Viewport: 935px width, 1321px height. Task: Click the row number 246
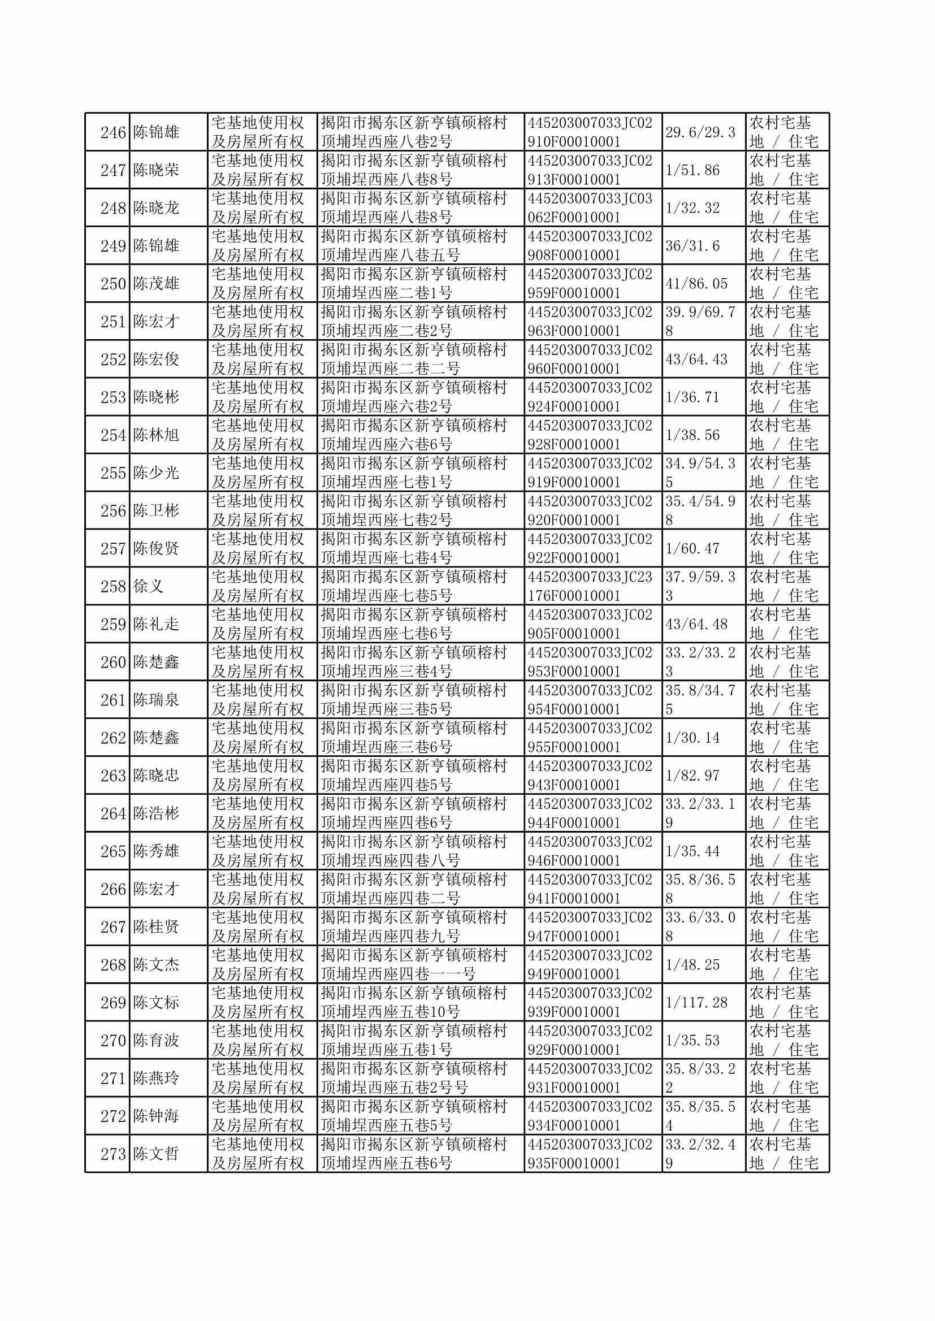pos(113,132)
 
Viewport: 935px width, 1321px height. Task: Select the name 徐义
pos(149,587)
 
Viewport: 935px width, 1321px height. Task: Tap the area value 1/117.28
pos(696,1003)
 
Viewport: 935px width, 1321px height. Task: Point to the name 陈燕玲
pos(156,1078)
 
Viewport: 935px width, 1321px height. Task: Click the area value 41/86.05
pos(696,284)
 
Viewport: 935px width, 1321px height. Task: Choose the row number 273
pos(113,1154)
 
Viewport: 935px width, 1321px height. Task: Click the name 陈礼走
pos(156,624)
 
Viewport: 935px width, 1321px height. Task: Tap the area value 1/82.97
pos(692,776)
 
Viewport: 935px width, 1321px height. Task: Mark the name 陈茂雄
pos(156,284)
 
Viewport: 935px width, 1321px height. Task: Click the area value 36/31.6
pos(692,246)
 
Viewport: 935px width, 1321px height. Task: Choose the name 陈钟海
pos(156,1116)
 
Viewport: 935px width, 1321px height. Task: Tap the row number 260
pos(113,662)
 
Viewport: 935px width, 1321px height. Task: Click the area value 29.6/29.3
pos(700,132)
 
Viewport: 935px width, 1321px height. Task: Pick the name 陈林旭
pos(156,435)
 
